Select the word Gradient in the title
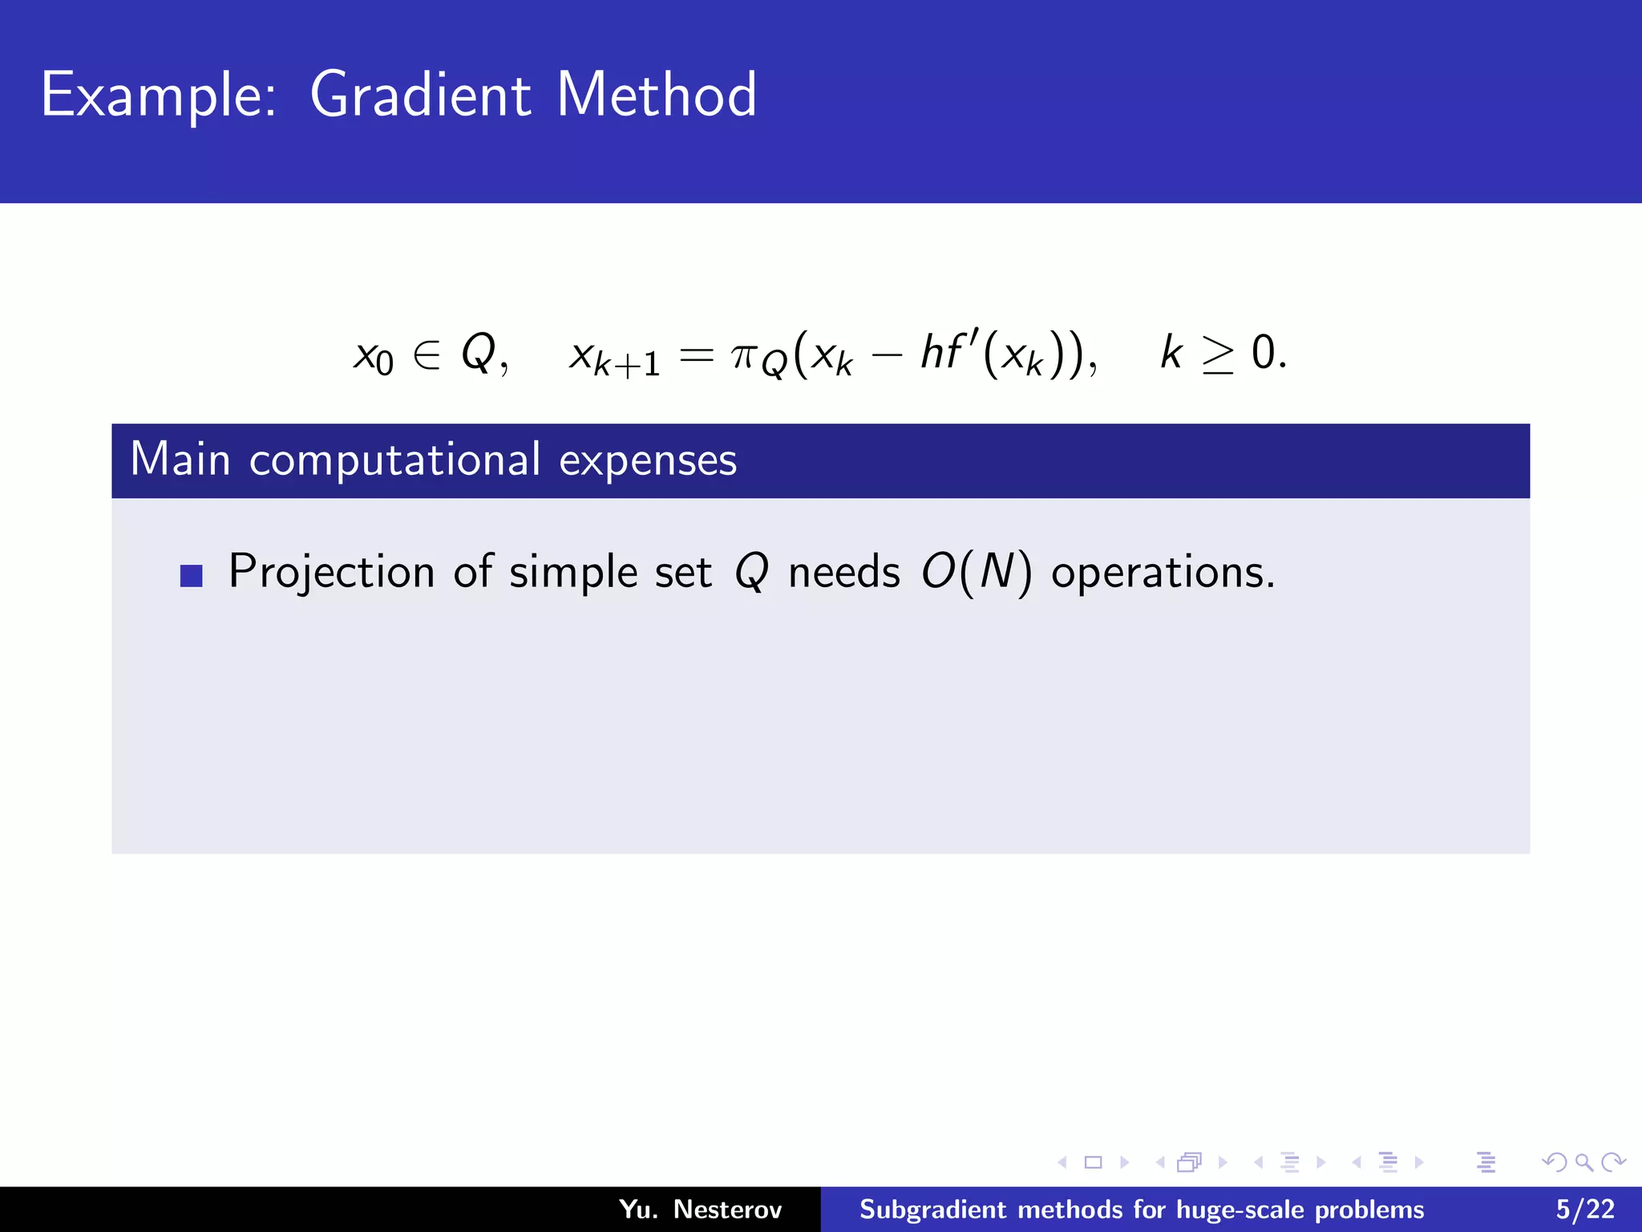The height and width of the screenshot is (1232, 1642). (x=420, y=95)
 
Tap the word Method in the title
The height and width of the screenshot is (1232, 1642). (x=656, y=95)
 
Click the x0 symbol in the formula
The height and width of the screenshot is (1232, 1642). (x=374, y=356)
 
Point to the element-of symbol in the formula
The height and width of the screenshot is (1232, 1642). (x=427, y=354)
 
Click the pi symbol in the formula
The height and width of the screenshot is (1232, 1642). (x=744, y=355)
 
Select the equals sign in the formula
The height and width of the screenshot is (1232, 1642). (x=695, y=355)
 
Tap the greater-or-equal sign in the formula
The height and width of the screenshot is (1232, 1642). (x=1218, y=355)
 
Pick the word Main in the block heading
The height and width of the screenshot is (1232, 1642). (x=180, y=460)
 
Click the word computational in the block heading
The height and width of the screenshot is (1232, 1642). (x=394, y=461)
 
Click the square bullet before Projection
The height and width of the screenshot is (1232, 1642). (x=192, y=576)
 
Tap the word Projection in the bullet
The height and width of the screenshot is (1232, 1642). (x=331, y=573)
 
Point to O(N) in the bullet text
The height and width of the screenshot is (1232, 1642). (x=976, y=573)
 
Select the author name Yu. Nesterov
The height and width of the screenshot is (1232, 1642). (x=699, y=1210)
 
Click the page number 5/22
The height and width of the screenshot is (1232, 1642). (x=1584, y=1210)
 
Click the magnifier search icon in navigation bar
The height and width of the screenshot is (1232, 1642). (x=1583, y=1162)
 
